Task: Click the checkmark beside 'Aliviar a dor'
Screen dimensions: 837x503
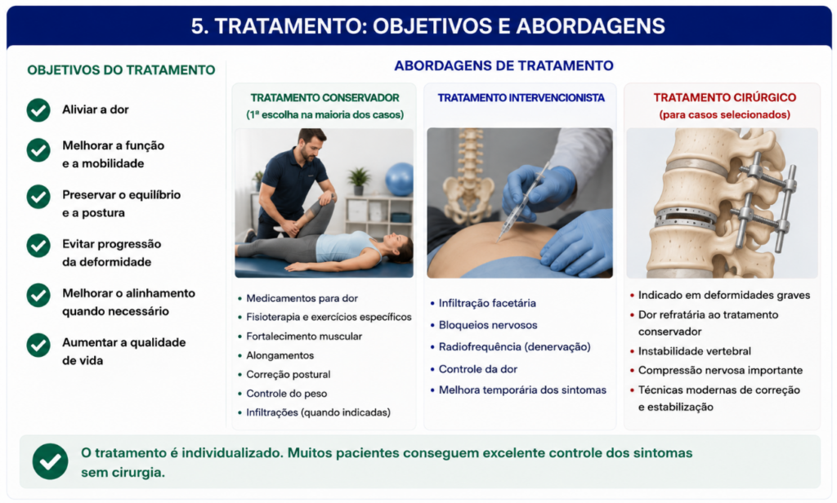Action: click(x=38, y=110)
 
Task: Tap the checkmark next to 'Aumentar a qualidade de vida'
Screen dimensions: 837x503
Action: click(x=38, y=345)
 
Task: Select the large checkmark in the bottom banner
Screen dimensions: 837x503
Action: click(x=50, y=461)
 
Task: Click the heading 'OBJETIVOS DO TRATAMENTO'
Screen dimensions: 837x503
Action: click(x=121, y=70)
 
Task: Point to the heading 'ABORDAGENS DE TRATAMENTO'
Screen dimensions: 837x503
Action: click(x=504, y=65)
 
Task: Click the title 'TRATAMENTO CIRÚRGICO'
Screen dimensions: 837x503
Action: click(x=724, y=98)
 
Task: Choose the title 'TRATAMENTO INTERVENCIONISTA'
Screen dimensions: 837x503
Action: click(x=521, y=98)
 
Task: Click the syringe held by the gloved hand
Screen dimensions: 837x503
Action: click(x=522, y=203)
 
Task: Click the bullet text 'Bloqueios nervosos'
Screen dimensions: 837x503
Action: click(x=488, y=325)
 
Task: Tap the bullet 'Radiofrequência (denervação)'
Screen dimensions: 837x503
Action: click(x=515, y=347)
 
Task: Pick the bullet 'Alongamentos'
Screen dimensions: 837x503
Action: click(x=280, y=355)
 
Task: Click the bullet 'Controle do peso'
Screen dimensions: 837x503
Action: click(x=287, y=394)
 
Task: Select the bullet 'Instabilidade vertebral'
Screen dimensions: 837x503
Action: click(x=695, y=351)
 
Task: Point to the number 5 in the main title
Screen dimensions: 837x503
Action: click(x=198, y=26)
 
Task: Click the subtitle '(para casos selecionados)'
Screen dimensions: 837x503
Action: click(x=724, y=114)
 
